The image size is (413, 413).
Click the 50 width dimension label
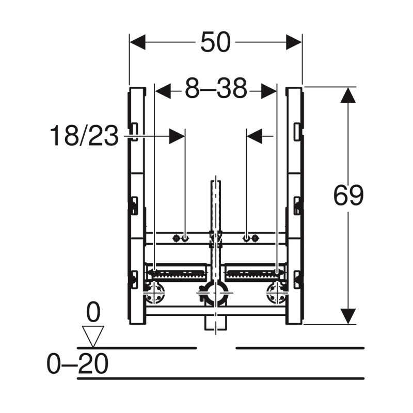pyautogui.click(x=215, y=42)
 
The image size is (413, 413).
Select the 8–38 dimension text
pyautogui.click(x=216, y=88)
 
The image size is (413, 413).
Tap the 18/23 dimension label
pyautogui.click(x=84, y=136)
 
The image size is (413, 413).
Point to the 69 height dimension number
pyautogui.click(x=348, y=196)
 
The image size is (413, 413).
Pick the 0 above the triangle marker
pyautogui.click(x=93, y=312)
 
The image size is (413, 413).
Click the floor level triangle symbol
pyautogui.click(x=93, y=337)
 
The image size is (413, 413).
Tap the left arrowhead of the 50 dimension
pyautogui.click(x=137, y=42)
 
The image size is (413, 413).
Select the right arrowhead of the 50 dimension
pyautogui.click(x=294, y=42)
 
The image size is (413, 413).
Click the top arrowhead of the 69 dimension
pyautogui.click(x=348, y=95)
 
